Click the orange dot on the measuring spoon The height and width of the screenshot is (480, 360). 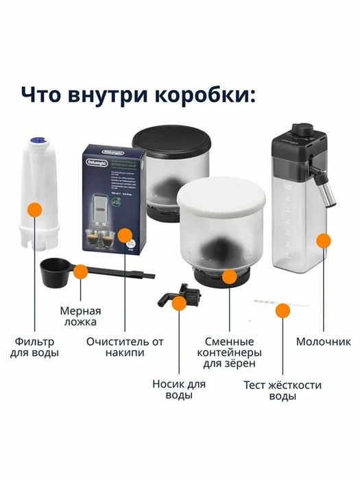click(x=80, y=272)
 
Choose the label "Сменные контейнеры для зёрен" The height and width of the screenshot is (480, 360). click(x=230, y=352)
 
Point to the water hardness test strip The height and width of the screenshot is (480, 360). click(x=270, y=302)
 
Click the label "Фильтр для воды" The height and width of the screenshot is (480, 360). click(x=36, y=346)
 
